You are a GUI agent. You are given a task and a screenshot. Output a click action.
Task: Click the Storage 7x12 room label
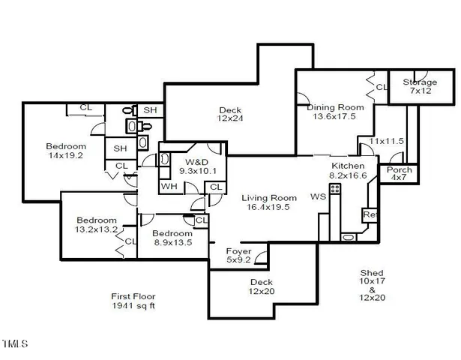tap(421, 86)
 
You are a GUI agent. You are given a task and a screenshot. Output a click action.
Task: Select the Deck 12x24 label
tap(229, 114)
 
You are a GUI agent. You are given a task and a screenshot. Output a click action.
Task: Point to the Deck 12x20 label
tap(262, 287)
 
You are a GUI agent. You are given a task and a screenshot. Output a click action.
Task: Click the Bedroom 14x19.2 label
tap(66, 151)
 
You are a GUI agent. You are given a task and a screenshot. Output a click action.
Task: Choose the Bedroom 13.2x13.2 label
tap(97, 225)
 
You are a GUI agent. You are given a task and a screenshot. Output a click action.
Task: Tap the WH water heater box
tap(169, 185)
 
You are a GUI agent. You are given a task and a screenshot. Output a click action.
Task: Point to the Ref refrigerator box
tap(370, 214)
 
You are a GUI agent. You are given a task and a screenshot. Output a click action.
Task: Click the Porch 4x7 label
tap(399, 173)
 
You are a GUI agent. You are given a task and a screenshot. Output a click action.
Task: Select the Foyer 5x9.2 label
tap(239, 256)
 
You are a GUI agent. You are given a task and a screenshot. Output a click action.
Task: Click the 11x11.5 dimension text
tap(387, 141)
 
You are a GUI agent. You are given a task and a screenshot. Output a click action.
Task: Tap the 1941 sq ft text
tap(133, 306)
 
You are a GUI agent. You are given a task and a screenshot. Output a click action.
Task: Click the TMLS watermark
tap(15, 345)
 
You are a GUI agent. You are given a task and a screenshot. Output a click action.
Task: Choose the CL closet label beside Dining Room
tap(380, 88)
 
